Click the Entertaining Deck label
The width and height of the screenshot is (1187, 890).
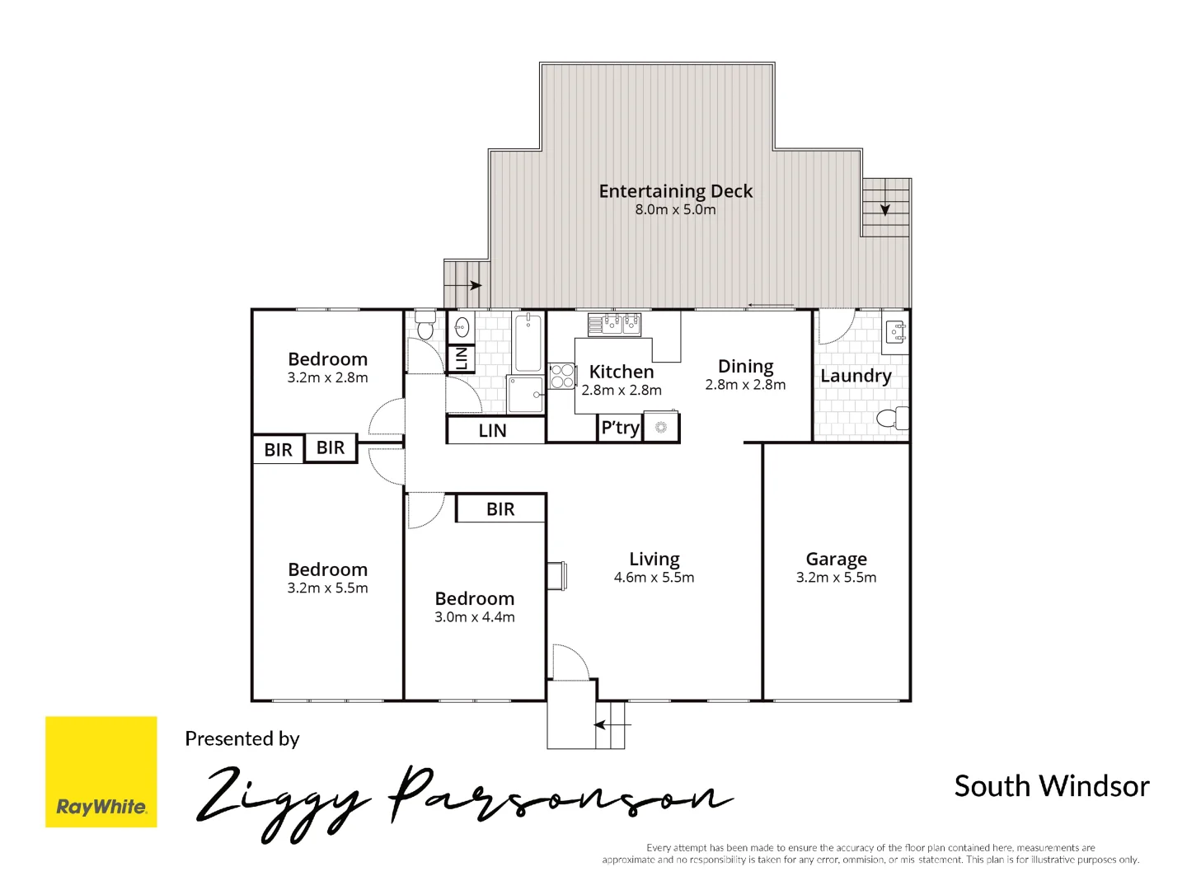point(675,191)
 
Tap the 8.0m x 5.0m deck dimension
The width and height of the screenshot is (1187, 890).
point(675,210)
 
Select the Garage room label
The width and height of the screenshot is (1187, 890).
point(836,559)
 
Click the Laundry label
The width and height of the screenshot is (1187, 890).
point(856,376)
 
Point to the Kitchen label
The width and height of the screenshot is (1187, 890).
point(621,372)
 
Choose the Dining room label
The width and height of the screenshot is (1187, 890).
point(745,366)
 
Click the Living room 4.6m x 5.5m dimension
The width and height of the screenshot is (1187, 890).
point(654,578)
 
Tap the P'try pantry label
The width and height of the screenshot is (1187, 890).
point(620,428)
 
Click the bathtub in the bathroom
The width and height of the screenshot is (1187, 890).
point(528,342)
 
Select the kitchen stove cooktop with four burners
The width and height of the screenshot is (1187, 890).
point(562,376)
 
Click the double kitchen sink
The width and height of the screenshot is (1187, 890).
point(614,324)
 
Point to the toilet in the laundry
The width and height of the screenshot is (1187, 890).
point(890,418)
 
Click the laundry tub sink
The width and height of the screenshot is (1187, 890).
point(895,333)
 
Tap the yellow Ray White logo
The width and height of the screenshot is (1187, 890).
point(101,771)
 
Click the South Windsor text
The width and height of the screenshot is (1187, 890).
point(1051,786)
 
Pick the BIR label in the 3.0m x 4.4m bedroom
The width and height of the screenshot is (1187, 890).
point(500,509)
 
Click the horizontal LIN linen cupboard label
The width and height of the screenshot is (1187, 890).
point(492,431)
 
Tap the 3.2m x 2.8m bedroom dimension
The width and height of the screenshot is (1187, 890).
point(327,377)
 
